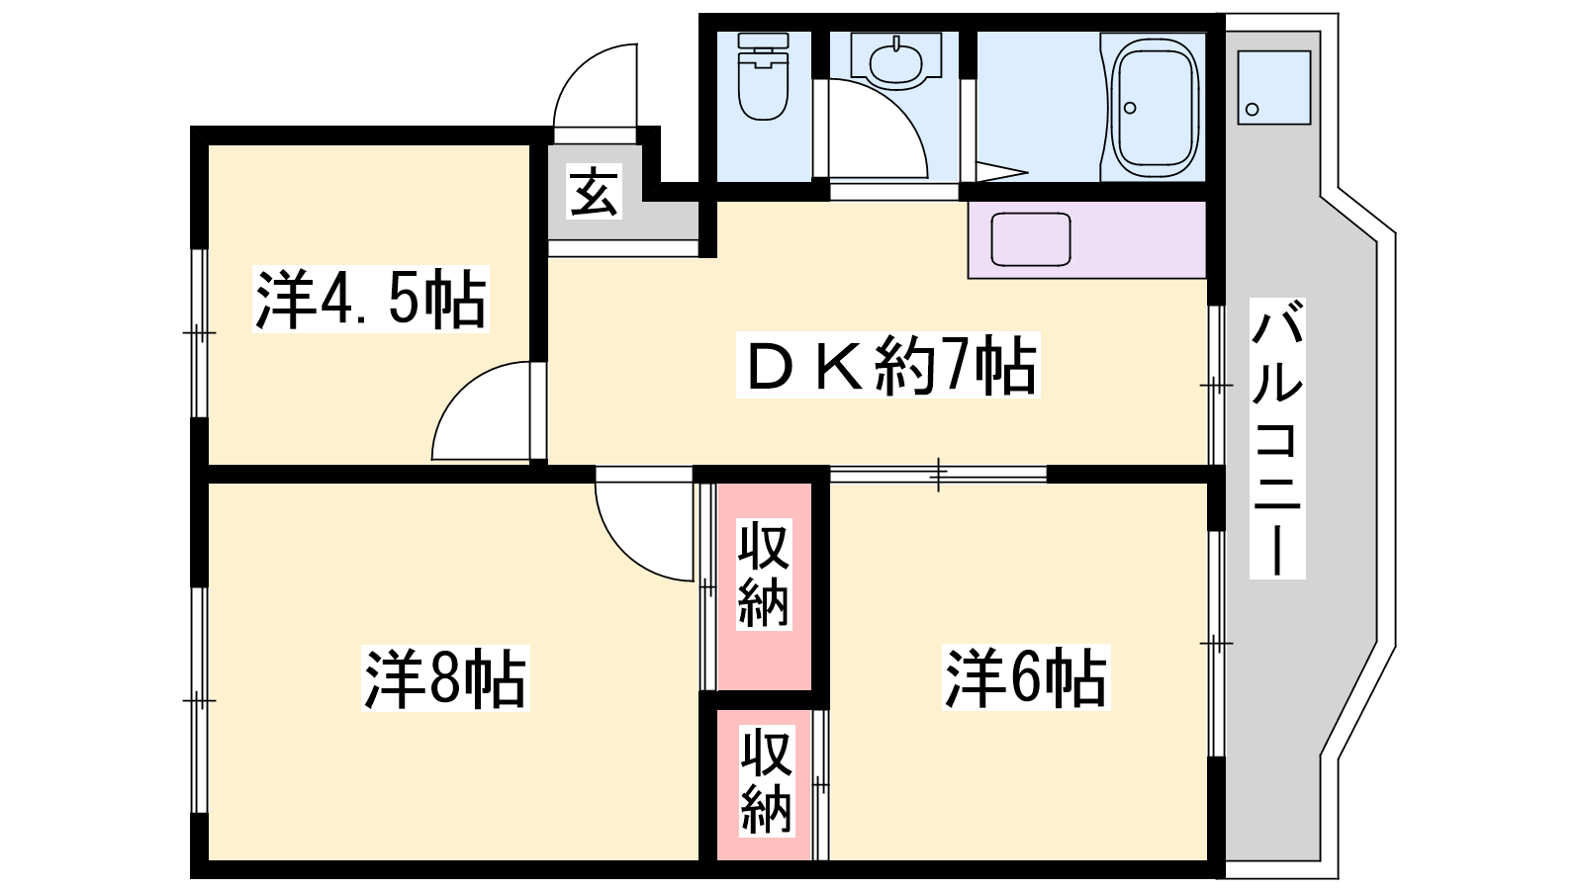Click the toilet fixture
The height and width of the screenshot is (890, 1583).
click(x=763, y=78)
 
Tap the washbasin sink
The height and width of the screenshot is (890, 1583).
click(x=896, y=61)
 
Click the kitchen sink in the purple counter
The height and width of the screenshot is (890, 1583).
click(x=1030, y=238)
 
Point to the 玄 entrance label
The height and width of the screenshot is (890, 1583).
click(x=595, y=191)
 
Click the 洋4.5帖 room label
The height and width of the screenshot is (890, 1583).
click(x=371, y=299)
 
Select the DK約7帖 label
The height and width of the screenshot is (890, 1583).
click(x=888, y=365)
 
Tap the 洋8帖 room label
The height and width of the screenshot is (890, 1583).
click(x=445, y=677)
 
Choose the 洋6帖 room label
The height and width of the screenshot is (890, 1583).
click(x=1026, y=677)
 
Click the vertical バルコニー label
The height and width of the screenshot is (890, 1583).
click(x=1277, y=439)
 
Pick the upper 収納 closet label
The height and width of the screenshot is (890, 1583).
click(x=764, y=575)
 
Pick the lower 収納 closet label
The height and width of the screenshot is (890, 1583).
click(x=767, y=781)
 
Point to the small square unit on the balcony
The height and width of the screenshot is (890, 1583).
click(x=1274, y=88)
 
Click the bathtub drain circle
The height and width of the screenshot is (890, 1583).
click(x=1130, y=108)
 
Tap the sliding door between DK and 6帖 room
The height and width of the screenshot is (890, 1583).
click(x=939, y=474)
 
